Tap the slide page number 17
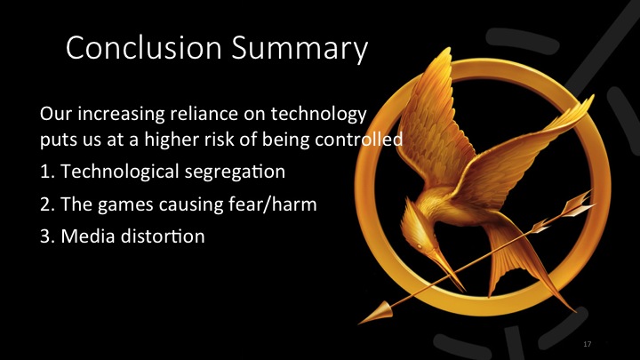pos(588,343)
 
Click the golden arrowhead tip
pos(367,312)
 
